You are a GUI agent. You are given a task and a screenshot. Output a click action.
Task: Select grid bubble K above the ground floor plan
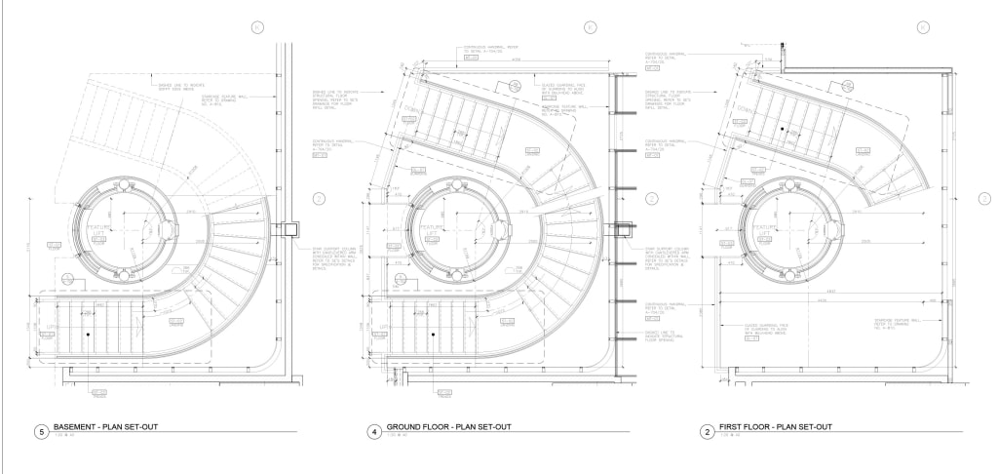pyautogui.click(x=590, y=27)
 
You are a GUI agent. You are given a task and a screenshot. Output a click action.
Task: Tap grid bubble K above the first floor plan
pyautogui.click(x=920, y=27)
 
